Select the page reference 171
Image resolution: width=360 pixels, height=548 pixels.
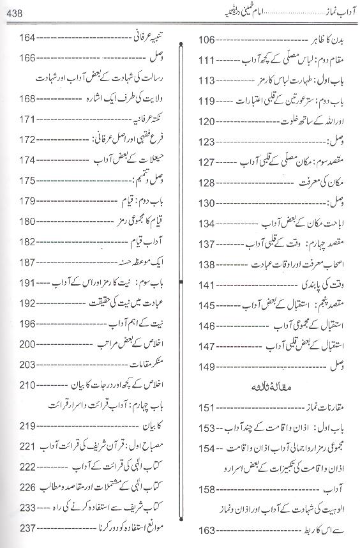coord(26,119)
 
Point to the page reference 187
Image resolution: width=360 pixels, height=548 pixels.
coord(26,263)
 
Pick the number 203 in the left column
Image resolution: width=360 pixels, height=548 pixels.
coord(26,365)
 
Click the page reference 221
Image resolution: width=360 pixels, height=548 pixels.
coord(26,446)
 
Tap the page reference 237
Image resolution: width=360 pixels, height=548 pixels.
coord(26,528)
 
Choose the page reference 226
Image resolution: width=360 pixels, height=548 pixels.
coord(26,487)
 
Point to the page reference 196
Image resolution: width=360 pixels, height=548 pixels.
coord(26,324)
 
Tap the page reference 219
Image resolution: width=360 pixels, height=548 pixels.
coord(26,426)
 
